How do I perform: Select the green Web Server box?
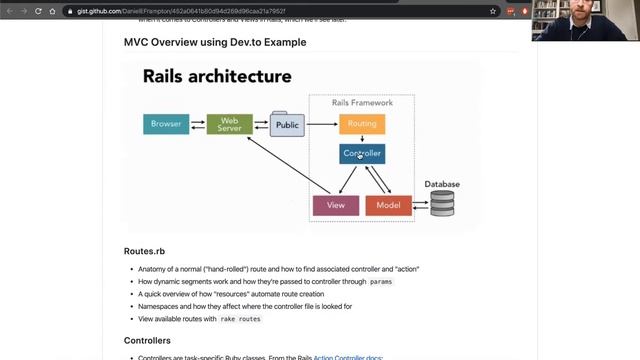[229, 125]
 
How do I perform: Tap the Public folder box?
[287, 125]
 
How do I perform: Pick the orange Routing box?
[361, 125]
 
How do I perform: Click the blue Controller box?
[361, 154]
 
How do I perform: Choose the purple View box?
[335, 205]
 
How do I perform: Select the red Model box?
[388, 205]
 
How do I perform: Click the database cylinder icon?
[442, 204]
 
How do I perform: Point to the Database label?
[442, 184]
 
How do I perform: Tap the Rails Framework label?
[363, 103]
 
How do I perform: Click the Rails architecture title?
[217, 76]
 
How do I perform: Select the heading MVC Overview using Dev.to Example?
[214, 43]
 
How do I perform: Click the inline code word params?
[381, 282]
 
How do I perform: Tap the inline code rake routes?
[240, 318]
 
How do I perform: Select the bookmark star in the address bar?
[493, 11]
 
